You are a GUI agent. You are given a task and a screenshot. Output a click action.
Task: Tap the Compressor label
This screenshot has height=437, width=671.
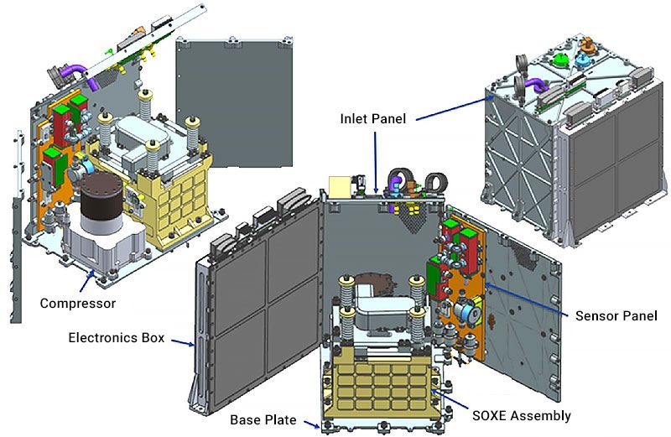[x=77, y=302]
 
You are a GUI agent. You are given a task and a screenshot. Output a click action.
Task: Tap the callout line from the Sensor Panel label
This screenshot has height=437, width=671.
[x=528, y=299]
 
